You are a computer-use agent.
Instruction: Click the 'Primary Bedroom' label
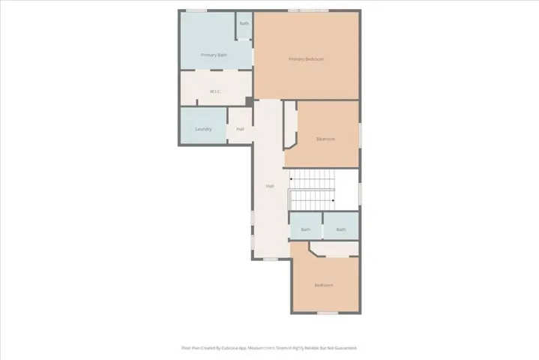coord(306,59)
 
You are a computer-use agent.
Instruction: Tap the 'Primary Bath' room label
coord(214,55)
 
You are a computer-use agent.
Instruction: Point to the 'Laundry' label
coord(203,129)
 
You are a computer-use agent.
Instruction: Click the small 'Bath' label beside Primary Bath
coord(244,23)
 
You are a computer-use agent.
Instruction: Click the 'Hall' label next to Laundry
coord(240,129)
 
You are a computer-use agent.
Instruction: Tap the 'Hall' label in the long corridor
coord(270,186)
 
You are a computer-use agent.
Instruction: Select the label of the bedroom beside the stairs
coord(325,139)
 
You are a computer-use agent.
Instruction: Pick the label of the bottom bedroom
coord(324,285)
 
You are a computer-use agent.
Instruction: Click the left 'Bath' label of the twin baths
coord(305,229)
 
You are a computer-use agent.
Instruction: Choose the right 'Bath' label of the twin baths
coord(341,229)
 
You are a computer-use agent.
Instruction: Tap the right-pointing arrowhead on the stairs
coord(332,200)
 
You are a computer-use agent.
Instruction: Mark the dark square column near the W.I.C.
coord(249,102)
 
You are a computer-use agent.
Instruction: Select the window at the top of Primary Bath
coord(196,10)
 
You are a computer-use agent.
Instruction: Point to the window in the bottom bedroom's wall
coord(327,313)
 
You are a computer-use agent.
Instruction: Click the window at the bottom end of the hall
coord(270,259)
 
